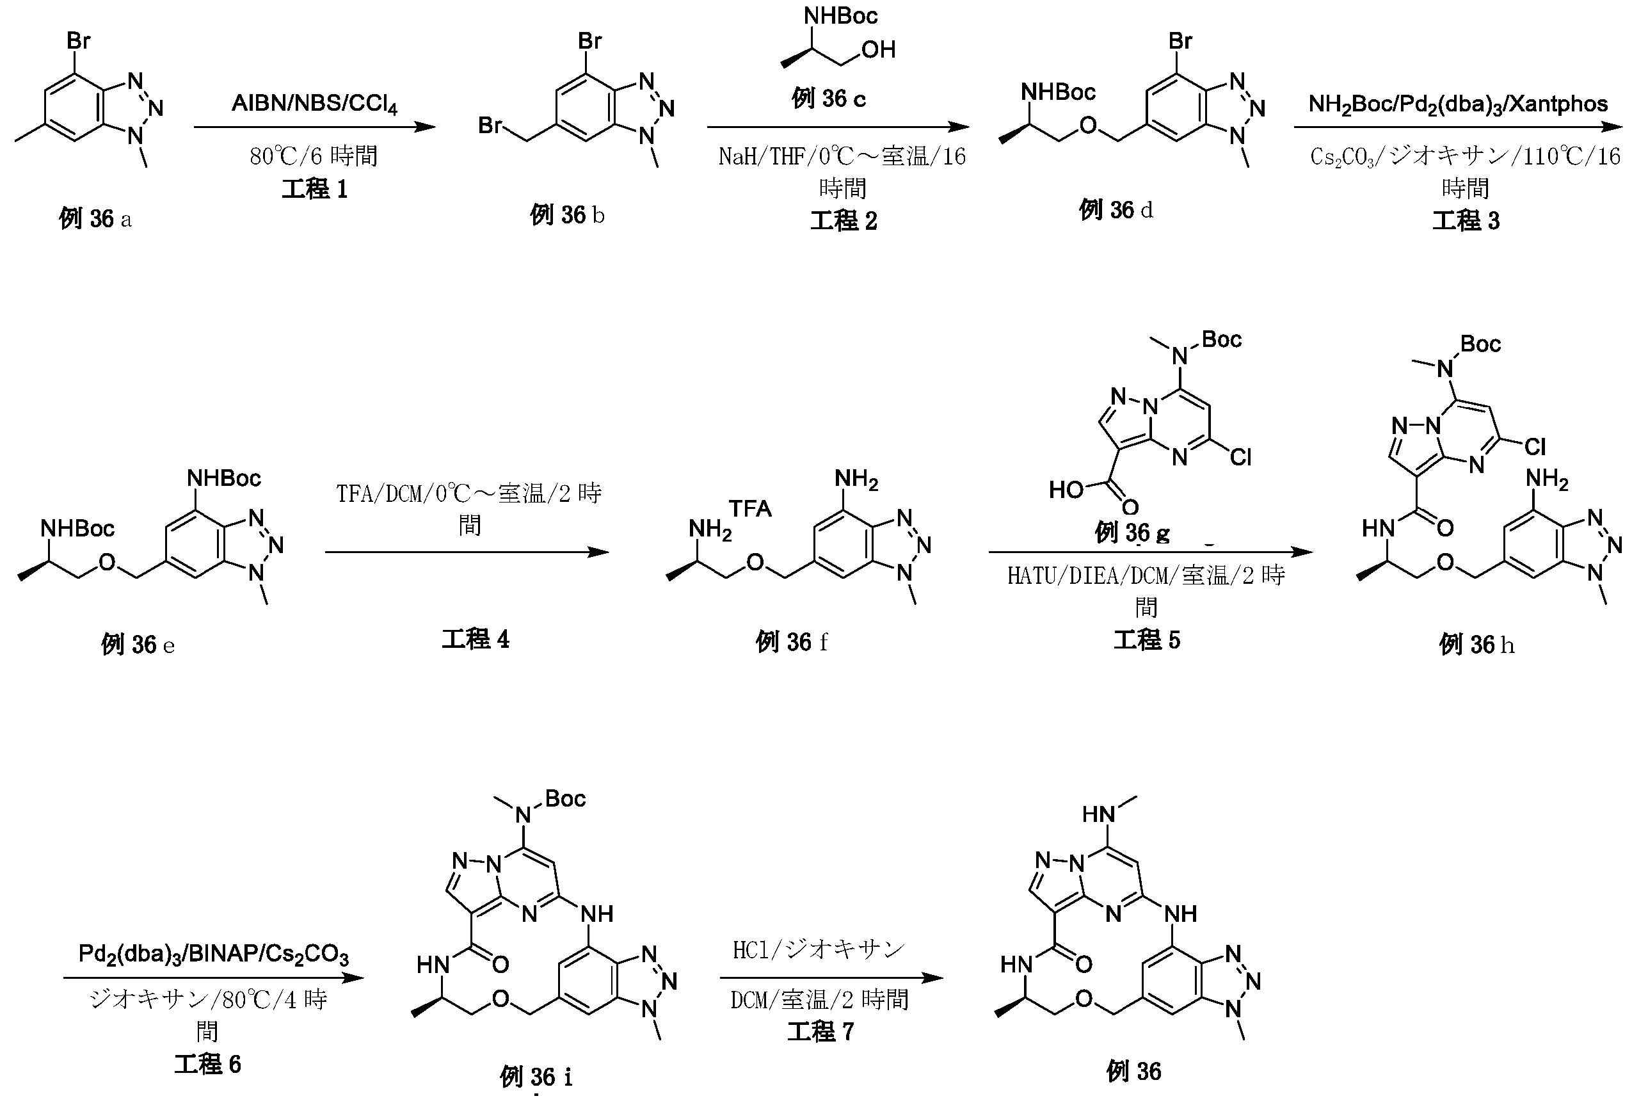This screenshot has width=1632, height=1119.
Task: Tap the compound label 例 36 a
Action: pos(95,219)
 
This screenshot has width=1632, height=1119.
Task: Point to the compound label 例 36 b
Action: pos(566,215)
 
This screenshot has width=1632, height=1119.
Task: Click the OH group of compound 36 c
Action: pos(879,50)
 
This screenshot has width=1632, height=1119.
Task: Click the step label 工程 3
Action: pos(1466,221)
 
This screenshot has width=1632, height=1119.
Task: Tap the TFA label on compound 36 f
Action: pos(750,508)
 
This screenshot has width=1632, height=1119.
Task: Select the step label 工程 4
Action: pos(476,640)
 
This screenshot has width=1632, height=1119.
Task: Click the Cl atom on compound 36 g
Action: pos(1240,458)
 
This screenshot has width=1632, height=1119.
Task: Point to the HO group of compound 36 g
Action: pos(1067,490)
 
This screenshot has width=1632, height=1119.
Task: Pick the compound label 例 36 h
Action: pos(1476,644)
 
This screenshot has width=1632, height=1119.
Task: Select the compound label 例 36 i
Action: pos(536,1077)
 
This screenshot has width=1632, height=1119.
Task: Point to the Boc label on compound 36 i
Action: pos(564,800)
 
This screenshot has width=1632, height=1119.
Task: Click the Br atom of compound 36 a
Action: pos(79,42)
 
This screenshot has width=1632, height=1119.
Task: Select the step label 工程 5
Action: pos(1147,640)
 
